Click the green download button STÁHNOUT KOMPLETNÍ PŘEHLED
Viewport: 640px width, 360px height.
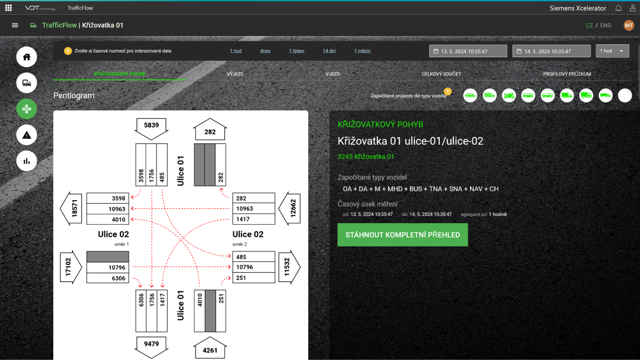(403, 235)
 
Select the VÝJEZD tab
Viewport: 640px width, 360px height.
(235, 74)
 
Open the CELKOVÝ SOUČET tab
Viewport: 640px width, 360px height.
(441, 74)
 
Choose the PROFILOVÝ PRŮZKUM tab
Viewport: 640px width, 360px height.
(567, 74)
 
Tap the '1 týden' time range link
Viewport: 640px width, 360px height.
(296, 51)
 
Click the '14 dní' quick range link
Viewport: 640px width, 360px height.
(329, 51)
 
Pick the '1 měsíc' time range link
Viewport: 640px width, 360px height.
(363, 51)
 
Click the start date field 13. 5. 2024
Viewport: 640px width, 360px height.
(468, 51)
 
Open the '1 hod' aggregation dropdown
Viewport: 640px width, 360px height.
(612, 51)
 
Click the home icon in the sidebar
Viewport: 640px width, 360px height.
(27, 57)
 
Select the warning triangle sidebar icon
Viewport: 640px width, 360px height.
(27, 135)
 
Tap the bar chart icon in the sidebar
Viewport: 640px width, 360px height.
(27, 161)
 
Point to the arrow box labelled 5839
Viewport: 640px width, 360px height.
(151, 128)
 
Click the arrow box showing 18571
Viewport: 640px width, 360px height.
(71, 208)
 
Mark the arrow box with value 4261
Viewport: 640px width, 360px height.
(210, 348)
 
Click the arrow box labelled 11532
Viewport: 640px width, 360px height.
(289, 267)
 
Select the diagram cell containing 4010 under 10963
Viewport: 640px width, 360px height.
(108, 220)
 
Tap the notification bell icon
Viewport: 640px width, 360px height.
(618, 8)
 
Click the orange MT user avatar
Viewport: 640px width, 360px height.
(629, 25)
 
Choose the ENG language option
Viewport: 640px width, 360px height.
(605, 25)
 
